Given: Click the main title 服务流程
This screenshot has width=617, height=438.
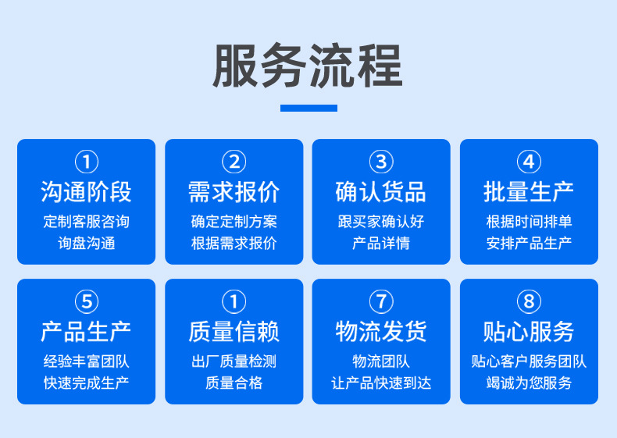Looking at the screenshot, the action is (x=308, y=66).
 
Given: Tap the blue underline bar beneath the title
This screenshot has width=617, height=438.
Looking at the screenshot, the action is (x=308, y=108).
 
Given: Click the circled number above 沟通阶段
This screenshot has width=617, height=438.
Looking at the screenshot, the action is (x=86, y=162).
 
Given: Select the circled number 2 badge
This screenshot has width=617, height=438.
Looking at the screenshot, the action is (x=234, y=162).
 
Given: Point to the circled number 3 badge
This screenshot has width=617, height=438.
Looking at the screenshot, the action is (x=381, y=162).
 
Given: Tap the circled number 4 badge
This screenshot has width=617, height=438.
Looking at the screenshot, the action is (x=529, y=162).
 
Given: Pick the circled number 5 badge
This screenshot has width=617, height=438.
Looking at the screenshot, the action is (x=86, y=301).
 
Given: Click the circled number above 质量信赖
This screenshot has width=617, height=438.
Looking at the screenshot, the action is (x=234, y=301).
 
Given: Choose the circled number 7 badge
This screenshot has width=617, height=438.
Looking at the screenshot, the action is (x=381, y=301).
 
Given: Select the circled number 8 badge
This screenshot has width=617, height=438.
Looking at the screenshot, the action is (x=529, y=301).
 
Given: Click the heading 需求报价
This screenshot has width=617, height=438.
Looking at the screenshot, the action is (x=234, y=192).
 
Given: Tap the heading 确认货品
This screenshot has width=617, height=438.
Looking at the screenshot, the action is (x=381, y=192).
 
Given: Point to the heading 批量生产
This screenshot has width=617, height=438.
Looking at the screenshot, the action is (x=529, y=192).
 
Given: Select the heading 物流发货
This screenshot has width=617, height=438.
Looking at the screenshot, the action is (x=381, y=332).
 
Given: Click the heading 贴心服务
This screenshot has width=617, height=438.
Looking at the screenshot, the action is (x=529, y=332).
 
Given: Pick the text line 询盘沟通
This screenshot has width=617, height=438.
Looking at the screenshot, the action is (x=86, y=244).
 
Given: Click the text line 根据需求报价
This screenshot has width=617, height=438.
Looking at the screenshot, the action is (x=234, y=244).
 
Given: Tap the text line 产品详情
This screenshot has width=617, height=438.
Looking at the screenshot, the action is (x=381, y=244).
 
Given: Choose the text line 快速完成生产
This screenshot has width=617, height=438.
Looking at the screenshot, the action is (x=86, y=383).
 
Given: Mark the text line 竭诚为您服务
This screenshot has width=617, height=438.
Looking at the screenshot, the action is (x=529, y=383).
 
